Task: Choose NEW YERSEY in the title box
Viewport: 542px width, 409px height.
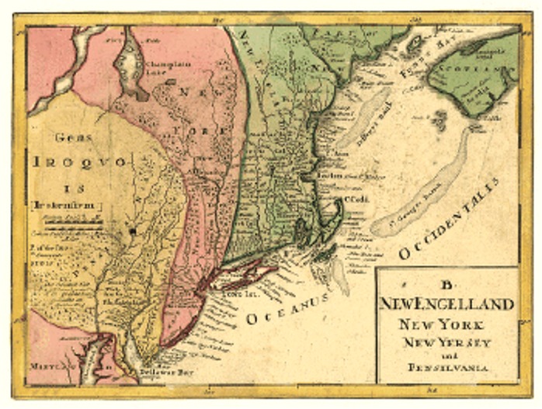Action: (453, 342)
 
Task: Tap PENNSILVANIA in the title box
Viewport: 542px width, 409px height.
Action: (449, 368)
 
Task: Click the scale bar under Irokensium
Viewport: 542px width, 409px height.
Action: (74, 223)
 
